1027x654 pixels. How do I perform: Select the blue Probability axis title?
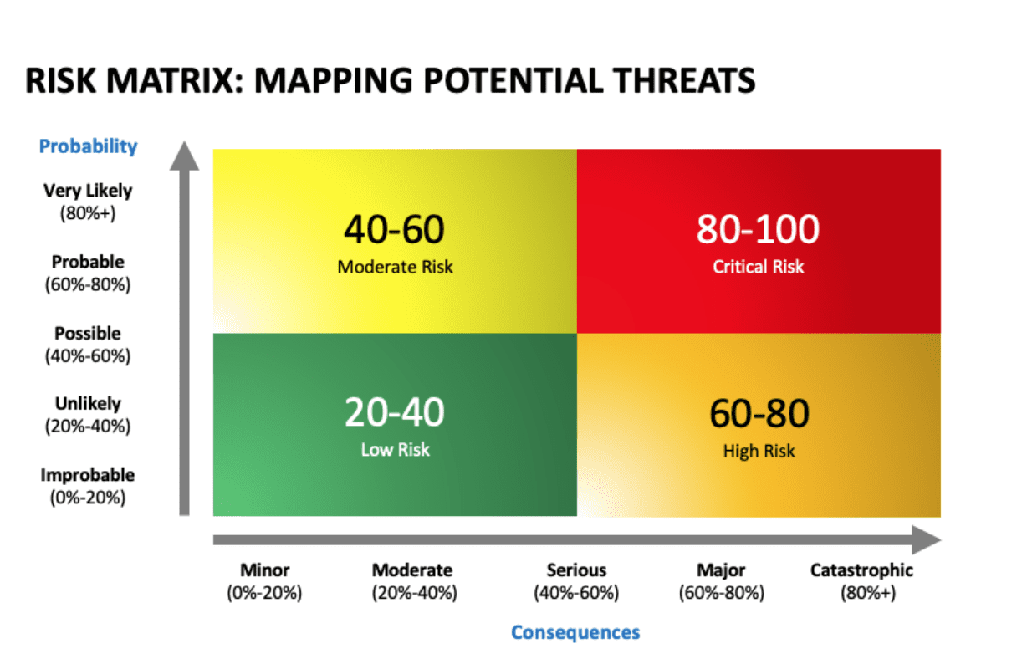88,146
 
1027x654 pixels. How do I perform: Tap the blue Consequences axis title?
575,632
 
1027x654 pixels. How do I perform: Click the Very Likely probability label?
88,202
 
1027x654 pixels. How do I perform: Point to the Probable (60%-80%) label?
88,273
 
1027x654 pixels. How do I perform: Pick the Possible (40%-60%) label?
88,345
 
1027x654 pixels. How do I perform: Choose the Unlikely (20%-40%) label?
88,415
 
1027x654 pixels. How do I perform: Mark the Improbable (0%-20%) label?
88,486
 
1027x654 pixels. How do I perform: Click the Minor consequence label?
264,581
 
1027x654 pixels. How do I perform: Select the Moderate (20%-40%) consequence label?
414,581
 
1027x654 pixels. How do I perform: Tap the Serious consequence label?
576,581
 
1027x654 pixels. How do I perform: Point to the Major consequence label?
721,581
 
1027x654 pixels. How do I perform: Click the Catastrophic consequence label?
862,581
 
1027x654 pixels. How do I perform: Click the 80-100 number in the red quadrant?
758,229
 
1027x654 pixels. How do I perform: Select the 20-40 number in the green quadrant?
394,411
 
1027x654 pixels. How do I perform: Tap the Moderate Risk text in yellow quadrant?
395,267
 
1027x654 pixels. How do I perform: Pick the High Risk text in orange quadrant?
759,452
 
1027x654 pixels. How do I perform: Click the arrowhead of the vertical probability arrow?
184,156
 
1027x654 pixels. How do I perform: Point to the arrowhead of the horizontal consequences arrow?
927,539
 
